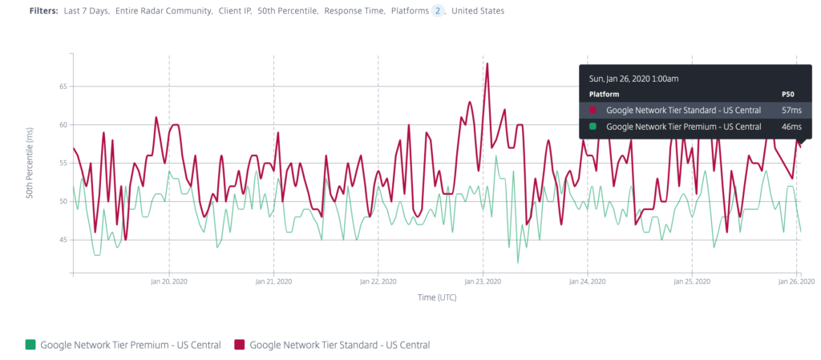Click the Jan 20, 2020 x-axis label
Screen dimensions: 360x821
point(168,282)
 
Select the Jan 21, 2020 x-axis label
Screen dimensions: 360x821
point(273,282)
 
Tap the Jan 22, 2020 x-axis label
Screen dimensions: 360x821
point(378,282)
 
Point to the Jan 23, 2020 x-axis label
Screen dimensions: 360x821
point(483,282)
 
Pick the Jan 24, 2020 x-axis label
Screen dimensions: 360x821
point(587,282)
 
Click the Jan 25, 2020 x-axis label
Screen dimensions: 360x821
point(691,282)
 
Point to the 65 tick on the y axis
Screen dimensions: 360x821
point(63,87)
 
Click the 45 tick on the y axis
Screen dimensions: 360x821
point(63,240)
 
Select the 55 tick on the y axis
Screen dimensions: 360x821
point(63,163)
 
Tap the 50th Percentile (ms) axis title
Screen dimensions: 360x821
point(30,164)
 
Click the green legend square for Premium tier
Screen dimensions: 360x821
point(30,345)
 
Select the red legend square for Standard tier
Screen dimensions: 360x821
point(239,345)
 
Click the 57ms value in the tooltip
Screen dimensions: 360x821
point(791,110)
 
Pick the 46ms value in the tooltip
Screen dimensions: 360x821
point(791,127)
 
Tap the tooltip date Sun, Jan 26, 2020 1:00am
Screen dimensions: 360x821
point(633,79)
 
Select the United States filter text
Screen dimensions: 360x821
point(479,11)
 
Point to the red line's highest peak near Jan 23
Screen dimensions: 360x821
point(487,63)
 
